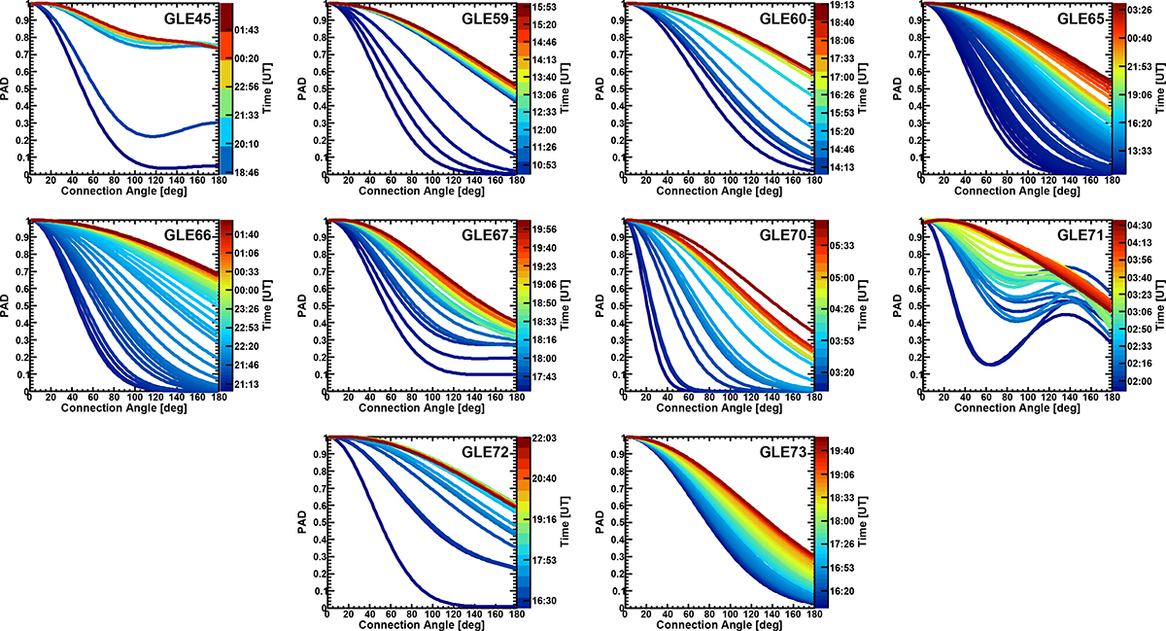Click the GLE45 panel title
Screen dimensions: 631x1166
tap(186, 19)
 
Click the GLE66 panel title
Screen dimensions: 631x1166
tap(186, 235)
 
